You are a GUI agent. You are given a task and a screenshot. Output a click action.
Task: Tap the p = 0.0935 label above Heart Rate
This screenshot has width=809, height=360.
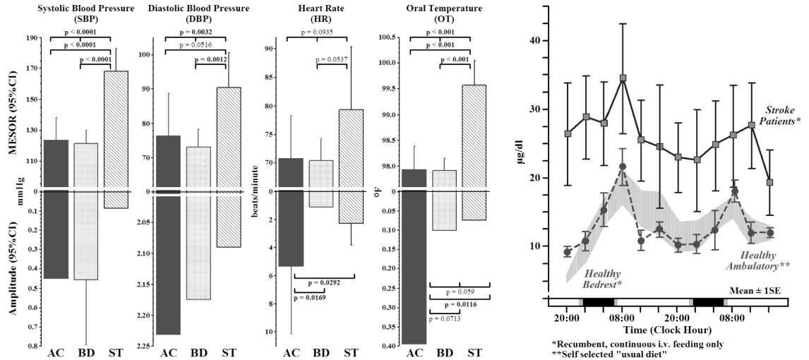tap(317, 32)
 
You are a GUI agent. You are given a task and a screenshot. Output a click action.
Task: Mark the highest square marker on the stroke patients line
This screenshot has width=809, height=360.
tap(623, 78)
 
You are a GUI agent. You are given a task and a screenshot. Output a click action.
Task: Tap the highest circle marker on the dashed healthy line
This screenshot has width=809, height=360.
tap(623, 167)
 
